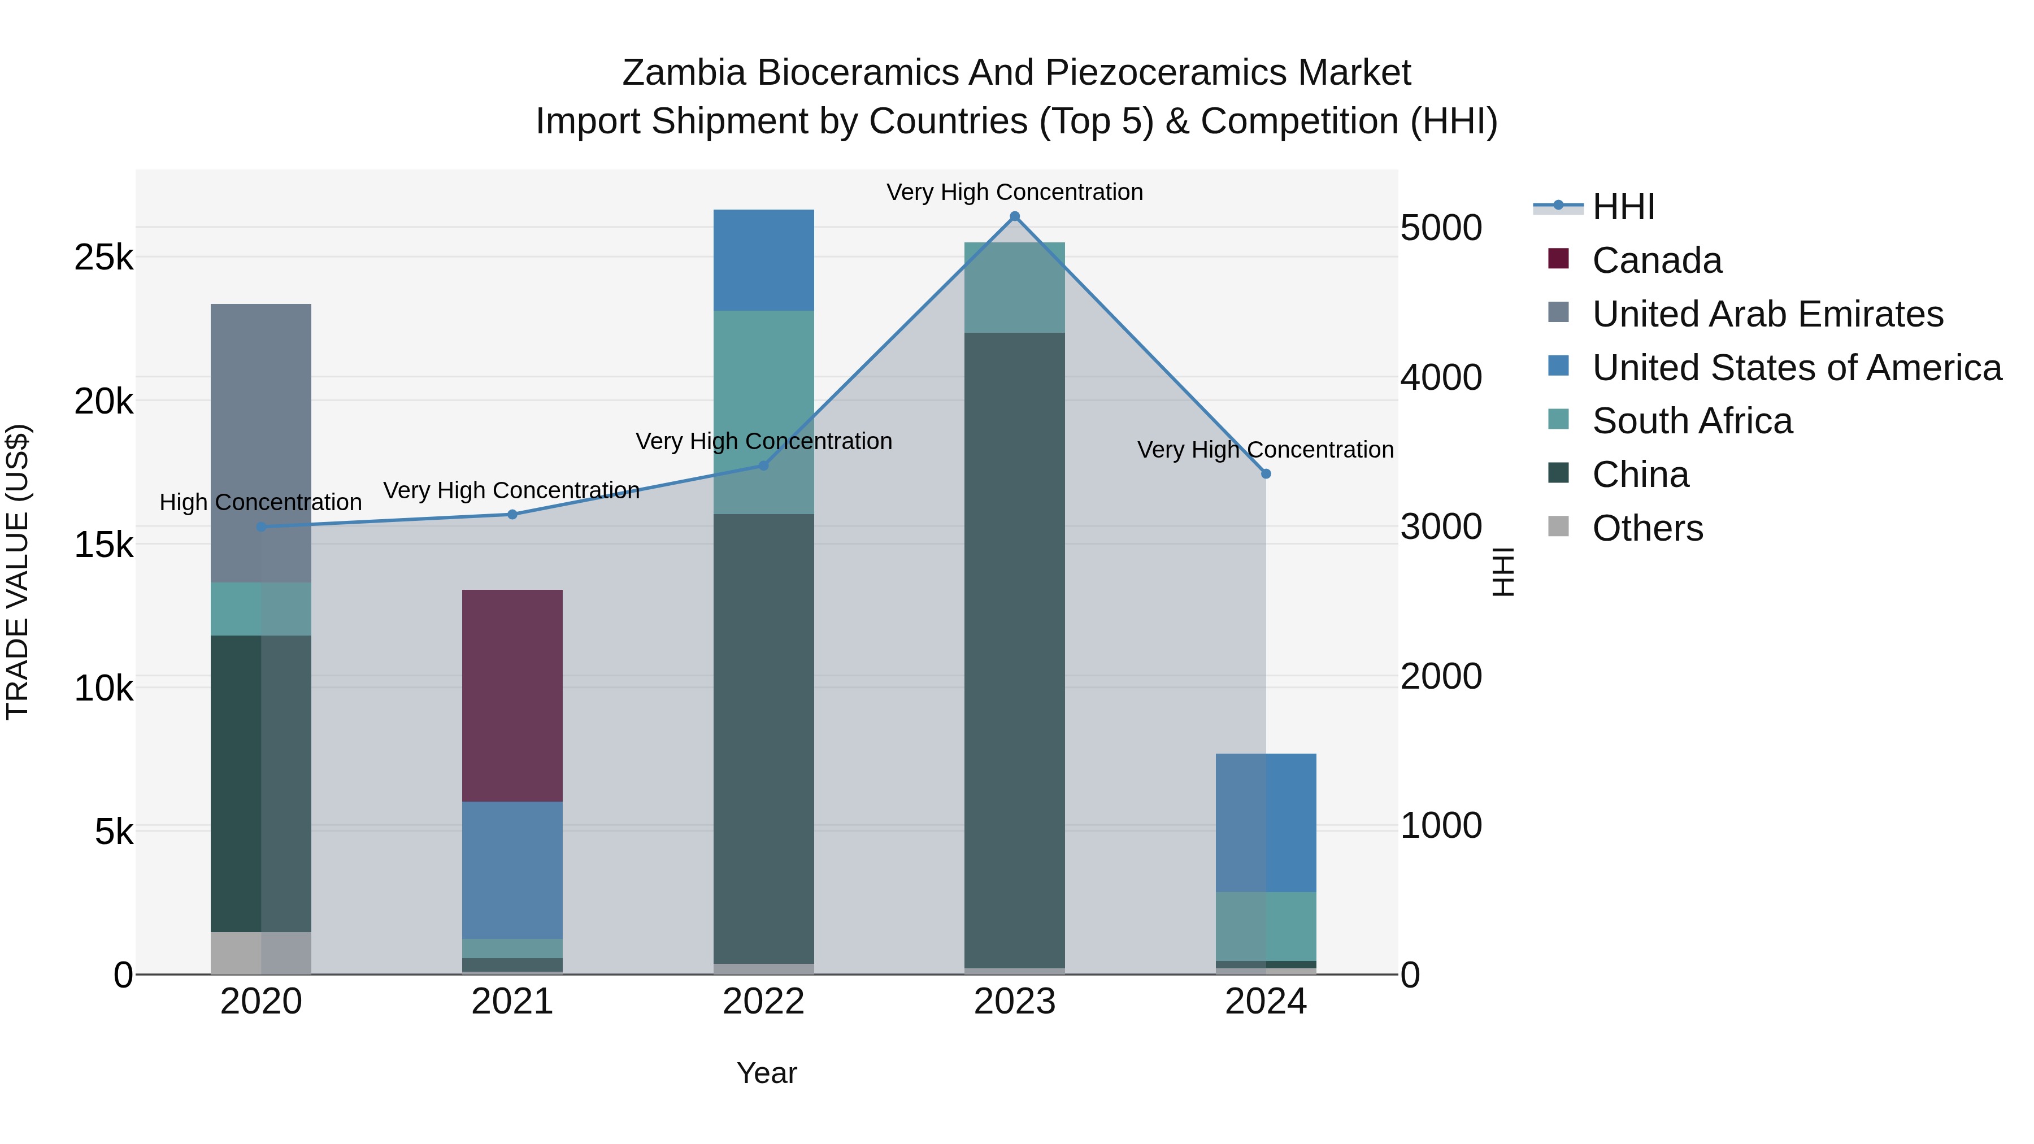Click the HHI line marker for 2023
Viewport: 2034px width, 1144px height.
[1015, 216]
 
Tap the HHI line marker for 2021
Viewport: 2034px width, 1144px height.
[512, 515]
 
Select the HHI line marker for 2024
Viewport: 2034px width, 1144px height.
[1266, 474]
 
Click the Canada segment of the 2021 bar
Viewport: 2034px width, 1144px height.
[512, 695]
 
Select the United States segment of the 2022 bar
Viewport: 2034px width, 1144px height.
[763, 260]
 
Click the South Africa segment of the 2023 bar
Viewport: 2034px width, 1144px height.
[1015, 288]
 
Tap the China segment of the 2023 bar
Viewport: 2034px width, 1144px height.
[1015, 647]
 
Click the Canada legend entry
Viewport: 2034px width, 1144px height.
[1657, 260]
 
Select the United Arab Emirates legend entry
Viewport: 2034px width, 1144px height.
[1767, 314]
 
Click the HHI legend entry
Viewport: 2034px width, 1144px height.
[1623, 207]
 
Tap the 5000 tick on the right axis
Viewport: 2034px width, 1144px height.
[1441, 228]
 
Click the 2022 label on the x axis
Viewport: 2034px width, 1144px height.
[763, 1002]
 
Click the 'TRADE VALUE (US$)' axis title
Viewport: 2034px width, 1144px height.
[18, 572]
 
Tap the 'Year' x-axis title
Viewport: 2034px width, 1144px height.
[767, 1073]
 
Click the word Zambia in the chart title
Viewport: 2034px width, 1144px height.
[684, 73]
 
